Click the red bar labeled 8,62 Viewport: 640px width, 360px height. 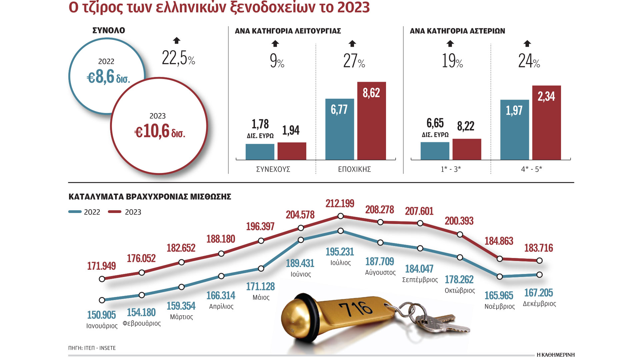[371, 127]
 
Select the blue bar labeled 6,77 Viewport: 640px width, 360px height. [339, 133]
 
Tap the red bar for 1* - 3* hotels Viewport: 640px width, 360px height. [467, 149]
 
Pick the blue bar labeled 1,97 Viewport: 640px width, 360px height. [514, 133]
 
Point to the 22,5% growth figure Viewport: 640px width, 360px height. [178, 58]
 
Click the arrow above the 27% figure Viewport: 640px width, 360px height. [352, 43]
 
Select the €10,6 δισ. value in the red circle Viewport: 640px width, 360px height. [159, 131]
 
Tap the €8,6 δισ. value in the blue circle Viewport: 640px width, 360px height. [108, 77]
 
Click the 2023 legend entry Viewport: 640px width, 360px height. [125, 212]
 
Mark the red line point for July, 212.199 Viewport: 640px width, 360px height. [340, 216]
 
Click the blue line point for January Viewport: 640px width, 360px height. [102, 300]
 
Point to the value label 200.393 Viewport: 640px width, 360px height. [459, 221]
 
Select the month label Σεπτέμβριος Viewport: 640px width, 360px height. [420, 280]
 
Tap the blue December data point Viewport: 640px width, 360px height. [539, 275]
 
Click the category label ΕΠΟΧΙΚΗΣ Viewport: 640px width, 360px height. [354, 169]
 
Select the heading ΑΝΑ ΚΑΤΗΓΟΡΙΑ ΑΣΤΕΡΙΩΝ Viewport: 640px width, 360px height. [457, 31]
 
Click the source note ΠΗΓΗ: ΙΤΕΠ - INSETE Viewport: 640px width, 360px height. [92, 348]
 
